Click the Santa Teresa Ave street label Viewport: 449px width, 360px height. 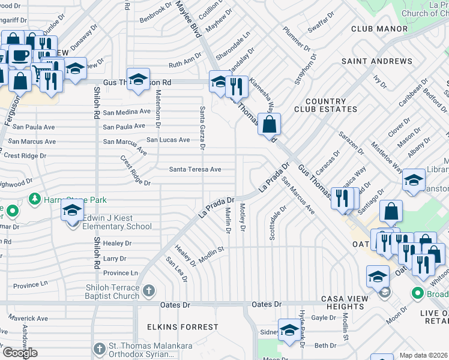point(194,170)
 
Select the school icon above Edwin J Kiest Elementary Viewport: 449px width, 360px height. point(72,212)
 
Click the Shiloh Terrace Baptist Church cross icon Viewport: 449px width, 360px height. point(149,292)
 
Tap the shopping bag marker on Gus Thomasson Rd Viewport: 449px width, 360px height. point(270,125)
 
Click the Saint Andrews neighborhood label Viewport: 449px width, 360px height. point(377,61)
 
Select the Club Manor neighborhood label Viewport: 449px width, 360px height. point(379,29)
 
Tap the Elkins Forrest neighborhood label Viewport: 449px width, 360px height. point(182,327)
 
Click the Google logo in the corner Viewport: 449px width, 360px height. point(19,353)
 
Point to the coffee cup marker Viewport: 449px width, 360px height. point(19,55)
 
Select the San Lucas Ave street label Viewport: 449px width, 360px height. point(168,140)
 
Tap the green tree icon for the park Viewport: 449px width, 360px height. point(35,199)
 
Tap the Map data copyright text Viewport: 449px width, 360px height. point(423,355)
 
